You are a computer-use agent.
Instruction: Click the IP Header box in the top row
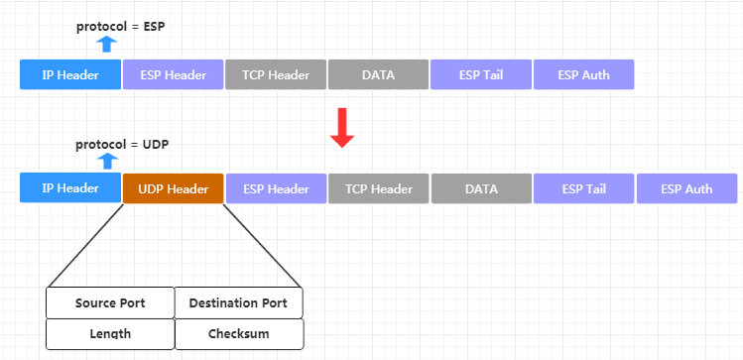70,74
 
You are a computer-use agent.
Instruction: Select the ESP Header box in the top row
173,74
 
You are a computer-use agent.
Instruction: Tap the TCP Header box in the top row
276,74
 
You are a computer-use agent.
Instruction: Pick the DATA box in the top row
378,74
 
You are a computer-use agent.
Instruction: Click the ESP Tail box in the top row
481,74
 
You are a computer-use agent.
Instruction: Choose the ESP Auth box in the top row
583,74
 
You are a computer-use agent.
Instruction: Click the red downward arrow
342,129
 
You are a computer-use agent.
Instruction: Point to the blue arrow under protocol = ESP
108,43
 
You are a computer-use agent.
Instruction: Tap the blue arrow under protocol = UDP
108,160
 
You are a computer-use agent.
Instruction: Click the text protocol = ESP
120,27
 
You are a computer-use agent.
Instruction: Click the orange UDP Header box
174,188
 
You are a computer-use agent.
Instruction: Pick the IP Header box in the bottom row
70,187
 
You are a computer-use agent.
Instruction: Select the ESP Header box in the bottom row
276,188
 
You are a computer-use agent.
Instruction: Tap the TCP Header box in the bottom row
378,188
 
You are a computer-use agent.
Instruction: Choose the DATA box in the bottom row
481,188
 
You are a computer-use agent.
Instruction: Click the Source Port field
110,302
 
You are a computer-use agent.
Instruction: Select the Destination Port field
238,302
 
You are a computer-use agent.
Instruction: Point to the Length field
110,334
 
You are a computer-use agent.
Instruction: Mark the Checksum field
238,334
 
